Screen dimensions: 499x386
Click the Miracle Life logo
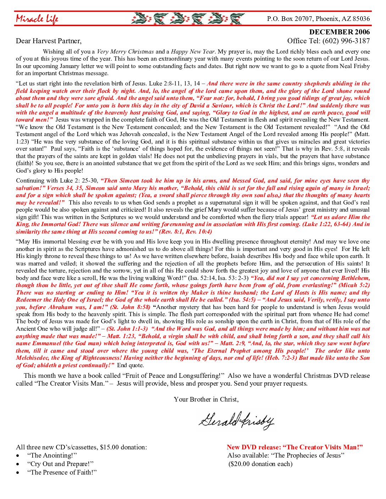[x=37, y=19]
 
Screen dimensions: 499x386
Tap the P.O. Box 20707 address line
[x=318, y=19]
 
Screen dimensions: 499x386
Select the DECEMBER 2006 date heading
[x=339, y=32]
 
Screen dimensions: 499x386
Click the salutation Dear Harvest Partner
[x=49, y=41]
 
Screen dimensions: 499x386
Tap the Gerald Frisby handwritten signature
[x=236, y=421]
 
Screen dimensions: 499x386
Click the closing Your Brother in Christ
[x=206, y=399]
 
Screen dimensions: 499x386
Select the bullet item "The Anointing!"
[x=52, y=455]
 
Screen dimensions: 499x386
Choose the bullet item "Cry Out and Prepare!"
[x=60, y=464]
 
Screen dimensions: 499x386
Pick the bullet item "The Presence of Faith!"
[x=62, y=472]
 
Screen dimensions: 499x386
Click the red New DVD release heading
[x=295, y=447]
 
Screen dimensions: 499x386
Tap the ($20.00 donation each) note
[x=260, y=464]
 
